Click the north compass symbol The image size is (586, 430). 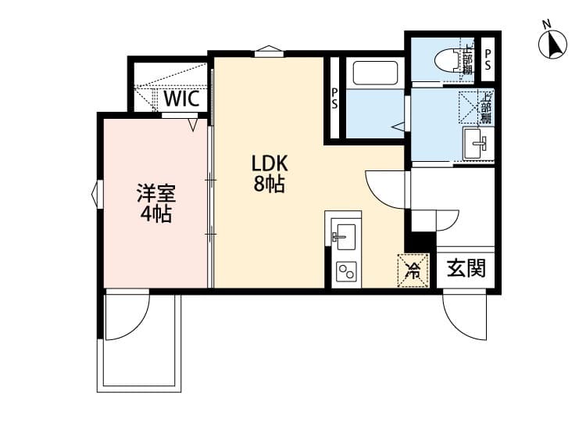coord(553,44)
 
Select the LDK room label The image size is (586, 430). coord(270,163)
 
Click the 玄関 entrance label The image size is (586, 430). coord(466,268)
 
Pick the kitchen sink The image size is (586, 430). coord(344,235)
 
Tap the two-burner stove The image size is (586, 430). coord(345,272)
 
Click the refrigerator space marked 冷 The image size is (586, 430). coord(413,271)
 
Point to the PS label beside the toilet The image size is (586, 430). coord(488,59)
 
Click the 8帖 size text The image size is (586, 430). coord(269,186)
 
